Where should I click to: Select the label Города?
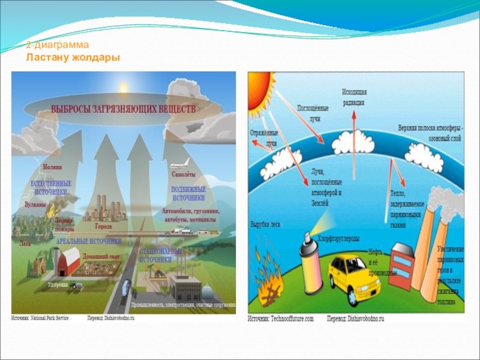pyautogui.click(x=104, y=227)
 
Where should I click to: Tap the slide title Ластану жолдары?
pyautogui.click(x=73, y=57)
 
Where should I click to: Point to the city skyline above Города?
pyautogui.click(x=104, y=208)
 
